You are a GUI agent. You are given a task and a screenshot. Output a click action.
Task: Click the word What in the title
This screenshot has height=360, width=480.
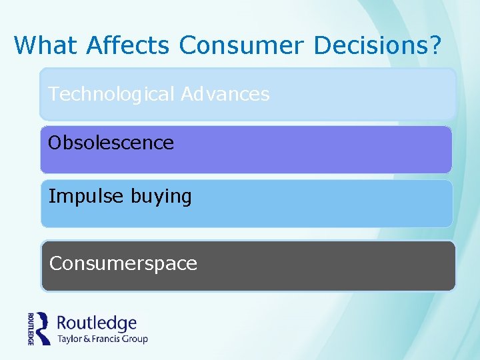click(x=43, y=45)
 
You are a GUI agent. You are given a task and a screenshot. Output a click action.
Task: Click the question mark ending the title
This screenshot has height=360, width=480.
click(x=435, y=45)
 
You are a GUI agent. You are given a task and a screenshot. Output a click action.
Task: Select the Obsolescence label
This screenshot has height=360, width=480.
click(x=111, y=143)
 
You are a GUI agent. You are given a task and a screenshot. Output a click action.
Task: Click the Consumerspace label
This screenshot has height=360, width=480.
click(x=123, y=264)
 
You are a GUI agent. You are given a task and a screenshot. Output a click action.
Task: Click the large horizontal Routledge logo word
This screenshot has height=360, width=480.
click(x=97, y=324)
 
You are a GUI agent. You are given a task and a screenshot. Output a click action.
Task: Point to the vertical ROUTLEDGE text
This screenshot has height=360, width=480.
click(x=31, y=328)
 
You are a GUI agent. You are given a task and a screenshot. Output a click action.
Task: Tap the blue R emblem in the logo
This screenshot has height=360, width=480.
click(x=43, y=328)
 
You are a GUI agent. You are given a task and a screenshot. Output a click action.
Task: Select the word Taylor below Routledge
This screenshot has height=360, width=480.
click(x=71, y=339)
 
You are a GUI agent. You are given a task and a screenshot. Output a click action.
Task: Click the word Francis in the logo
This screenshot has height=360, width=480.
click(x=109, y=339)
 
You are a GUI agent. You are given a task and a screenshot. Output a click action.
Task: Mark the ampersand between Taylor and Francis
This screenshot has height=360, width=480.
click(x=90, y=339)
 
